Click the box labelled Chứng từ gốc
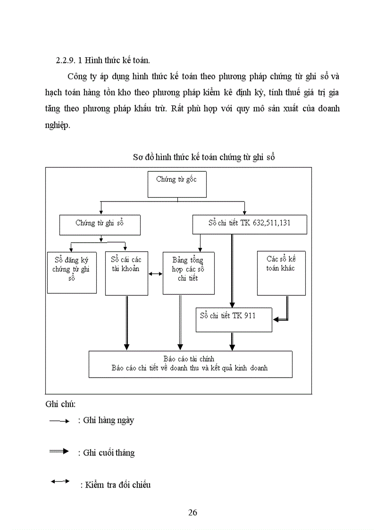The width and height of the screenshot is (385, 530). pyautogui.click(x=177, y=184)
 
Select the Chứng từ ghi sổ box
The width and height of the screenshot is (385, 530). pyautogui.click(x=100, y=225)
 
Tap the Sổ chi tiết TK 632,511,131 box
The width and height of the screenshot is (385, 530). pyautogui.click(x=250, y=225)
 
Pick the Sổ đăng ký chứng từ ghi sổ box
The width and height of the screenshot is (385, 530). pyautogui.click(x=72, y=272)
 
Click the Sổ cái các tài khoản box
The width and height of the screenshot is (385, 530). pyautogui.click(x=126, y=273)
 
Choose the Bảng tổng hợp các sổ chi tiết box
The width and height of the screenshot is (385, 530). pyautogui.click(x=188, y=273)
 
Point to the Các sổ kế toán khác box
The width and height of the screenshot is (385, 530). pyautogui.click(x=281, y=273)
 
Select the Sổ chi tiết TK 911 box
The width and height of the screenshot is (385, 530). pyautogui.click(x=234, y=320)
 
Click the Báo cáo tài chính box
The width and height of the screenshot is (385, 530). pyautogui.click(x=190, y=364)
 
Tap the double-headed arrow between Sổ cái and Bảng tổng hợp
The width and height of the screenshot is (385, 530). pyautogui.click(x=155, y=274)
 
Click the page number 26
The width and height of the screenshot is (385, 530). pyautogui.click(x=192, y=513)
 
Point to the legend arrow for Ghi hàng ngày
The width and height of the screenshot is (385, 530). pyautogui.click(x=59, y=421)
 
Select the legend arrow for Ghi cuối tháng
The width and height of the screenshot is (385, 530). pyautogui.click(x=59, y=452)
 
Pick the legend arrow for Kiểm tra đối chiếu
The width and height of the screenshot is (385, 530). pyautogui.click(x=60, y=481)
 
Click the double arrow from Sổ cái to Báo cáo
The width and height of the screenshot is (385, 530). pyautogui.click(x=126, y=323)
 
